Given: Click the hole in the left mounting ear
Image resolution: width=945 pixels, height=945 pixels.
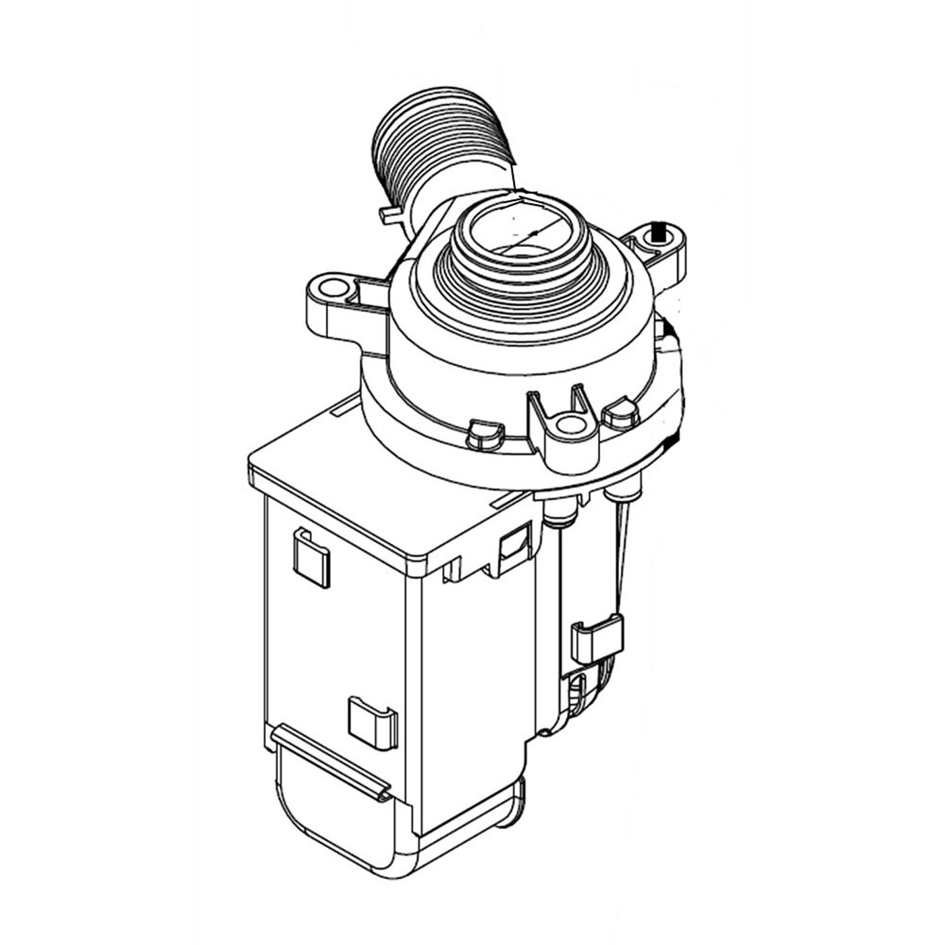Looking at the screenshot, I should click(329, 290).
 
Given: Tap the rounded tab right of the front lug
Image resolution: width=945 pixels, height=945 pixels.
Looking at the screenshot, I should click(620, 416).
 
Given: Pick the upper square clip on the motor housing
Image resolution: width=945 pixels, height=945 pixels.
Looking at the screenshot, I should click(311, 557).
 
